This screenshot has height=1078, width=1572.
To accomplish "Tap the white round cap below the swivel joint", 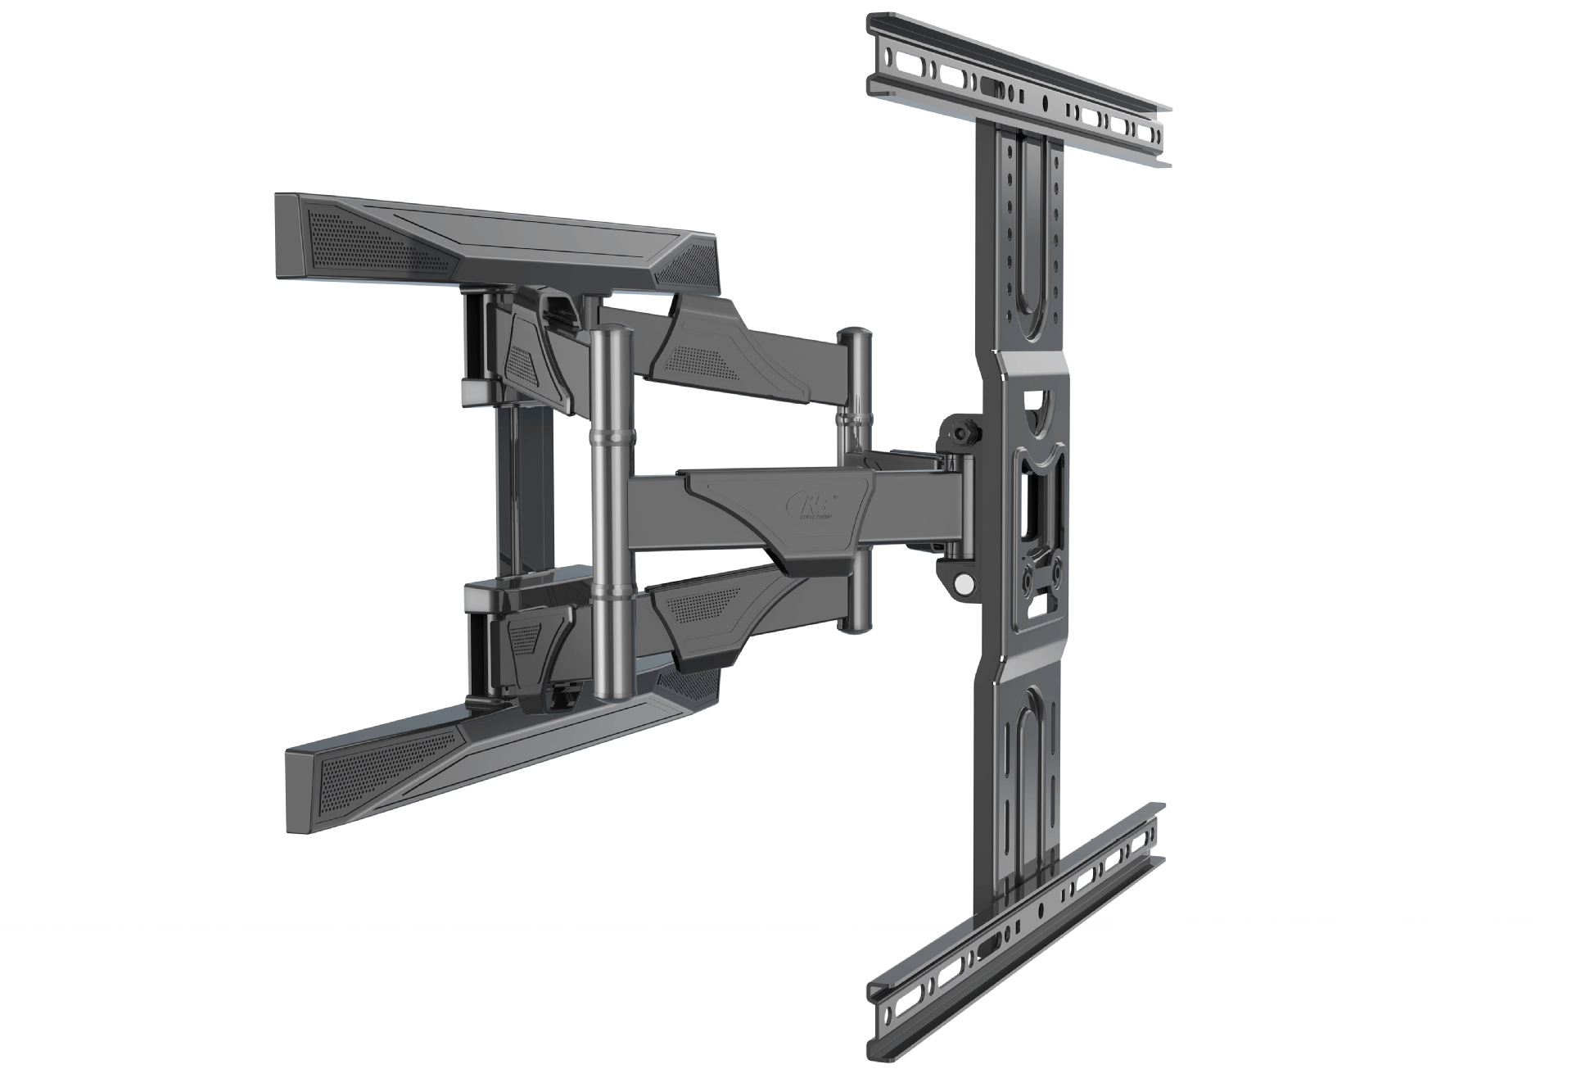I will [x=964, y=583].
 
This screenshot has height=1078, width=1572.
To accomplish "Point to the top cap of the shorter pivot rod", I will [x=856, y=334].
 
